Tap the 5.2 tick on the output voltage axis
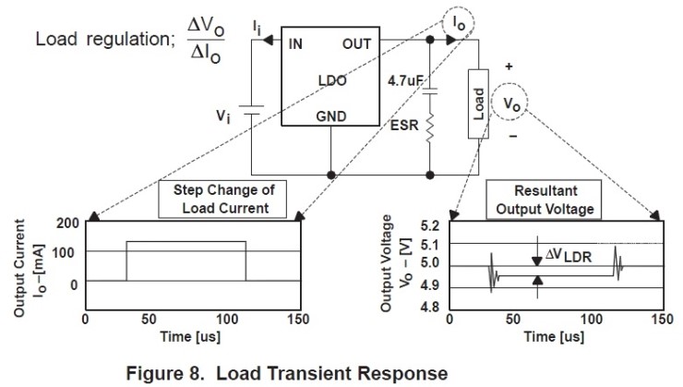click(x=429, y=224)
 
